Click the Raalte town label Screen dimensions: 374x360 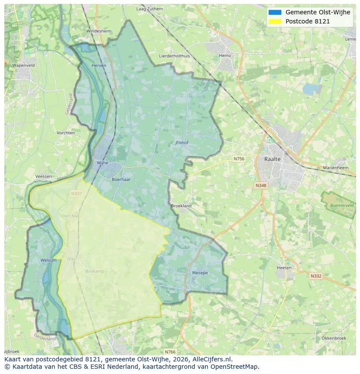273,159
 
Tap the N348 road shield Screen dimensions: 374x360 260,185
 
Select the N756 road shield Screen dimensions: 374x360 239,159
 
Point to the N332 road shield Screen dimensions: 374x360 316,276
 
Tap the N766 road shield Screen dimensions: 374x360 170,351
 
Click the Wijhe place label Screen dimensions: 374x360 102,163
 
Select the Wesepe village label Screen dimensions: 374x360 200,273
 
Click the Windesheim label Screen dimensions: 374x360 99,31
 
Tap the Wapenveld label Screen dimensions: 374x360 23,65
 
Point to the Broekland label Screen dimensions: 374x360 181,206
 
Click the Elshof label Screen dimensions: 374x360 182,142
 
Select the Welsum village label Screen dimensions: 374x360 48,260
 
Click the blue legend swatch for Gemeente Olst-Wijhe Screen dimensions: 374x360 275,13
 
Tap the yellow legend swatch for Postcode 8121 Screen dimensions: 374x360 275,21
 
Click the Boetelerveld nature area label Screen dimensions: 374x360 342,205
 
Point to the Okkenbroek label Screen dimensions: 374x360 334,338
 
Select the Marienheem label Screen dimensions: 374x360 336,167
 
